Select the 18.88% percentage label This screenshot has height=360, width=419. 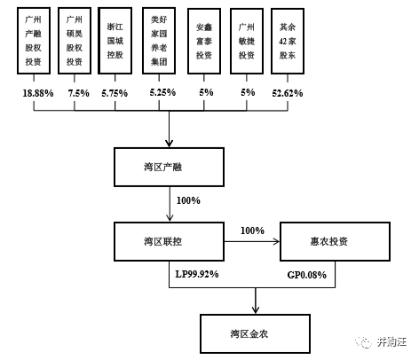[38, 93]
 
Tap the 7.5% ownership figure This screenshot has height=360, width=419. [79, 93]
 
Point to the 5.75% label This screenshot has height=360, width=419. [115, 93]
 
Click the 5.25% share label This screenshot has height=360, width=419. [162, 92]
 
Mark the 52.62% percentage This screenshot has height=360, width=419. [288, 93]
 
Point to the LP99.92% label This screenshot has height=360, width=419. [197, 274]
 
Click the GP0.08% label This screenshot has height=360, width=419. [307, 275]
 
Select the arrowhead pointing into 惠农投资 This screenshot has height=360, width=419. [276, 242]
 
